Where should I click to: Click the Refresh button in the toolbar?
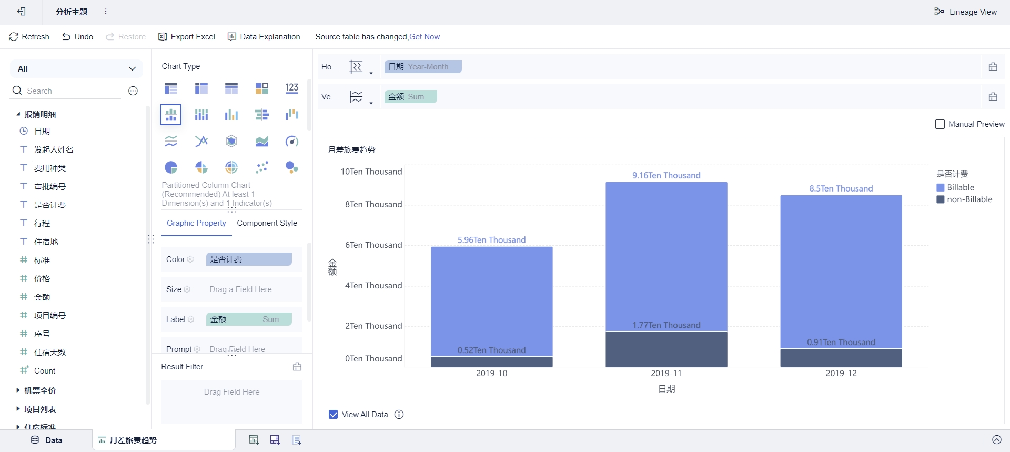pyautogui.click(x=29, y=37)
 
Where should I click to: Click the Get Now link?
pyautogui.click(x=425, y=37)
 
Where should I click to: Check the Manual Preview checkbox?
pyautogui.click(x=940, y=124)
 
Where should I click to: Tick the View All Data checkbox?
pyautogui.click(x=334, y=415)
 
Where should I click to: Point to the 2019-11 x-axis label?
pyautogui.click(x=666, y=373)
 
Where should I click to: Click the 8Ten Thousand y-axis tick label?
pyautogui.click(x=373, y=204)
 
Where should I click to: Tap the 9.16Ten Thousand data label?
pyautogui.click(x=666, y=175)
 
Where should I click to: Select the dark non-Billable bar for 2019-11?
pyautogui.click(x=666, y=349)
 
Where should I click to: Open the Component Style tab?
pyautogui.click(x=267, y=223)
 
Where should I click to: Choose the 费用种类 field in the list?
pyautogui.click(x=50, y=168)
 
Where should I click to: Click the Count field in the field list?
pyautogui.click(x=45, y=371)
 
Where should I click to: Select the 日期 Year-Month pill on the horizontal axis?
pyautogui.click(x=422, y=67)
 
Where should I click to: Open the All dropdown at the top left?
pyautogui.click(x=76, y=68)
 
